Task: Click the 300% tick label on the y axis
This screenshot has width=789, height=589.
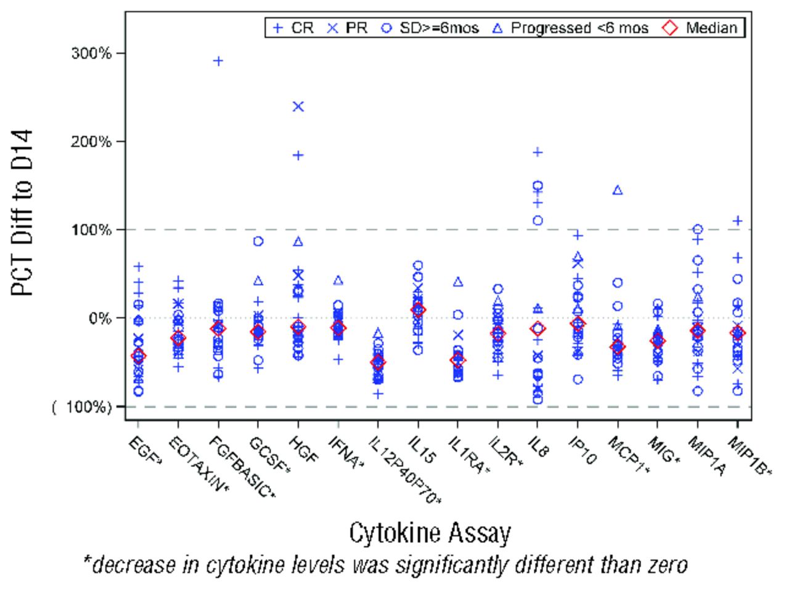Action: pos(90,54)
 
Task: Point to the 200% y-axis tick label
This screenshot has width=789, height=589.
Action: pos(90,142)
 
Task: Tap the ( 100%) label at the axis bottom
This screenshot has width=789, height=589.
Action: pos(82,407)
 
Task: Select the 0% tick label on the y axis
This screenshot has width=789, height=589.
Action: pos(99,319)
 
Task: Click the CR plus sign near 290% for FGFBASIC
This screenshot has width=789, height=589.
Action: pos(218,61)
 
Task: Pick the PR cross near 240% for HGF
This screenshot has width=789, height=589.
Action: pos(298,107)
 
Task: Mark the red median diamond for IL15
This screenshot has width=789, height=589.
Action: pos(418,310)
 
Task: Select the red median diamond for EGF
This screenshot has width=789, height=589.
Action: pos(138,355)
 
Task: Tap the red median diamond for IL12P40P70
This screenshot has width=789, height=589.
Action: pos(378,362)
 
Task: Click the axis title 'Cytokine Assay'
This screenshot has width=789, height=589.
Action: pos(430,532)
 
